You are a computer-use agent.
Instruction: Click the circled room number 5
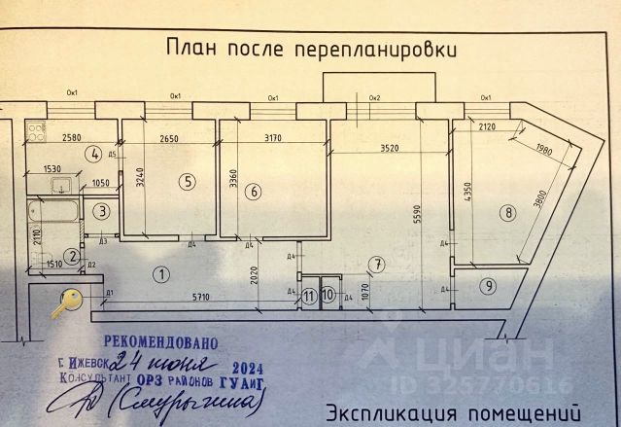point(188,180)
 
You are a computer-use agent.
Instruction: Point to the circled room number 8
point(505,211)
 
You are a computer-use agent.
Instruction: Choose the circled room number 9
point(488,286)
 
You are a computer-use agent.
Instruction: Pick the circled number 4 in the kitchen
point(93,153)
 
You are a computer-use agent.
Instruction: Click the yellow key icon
point(68,303)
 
